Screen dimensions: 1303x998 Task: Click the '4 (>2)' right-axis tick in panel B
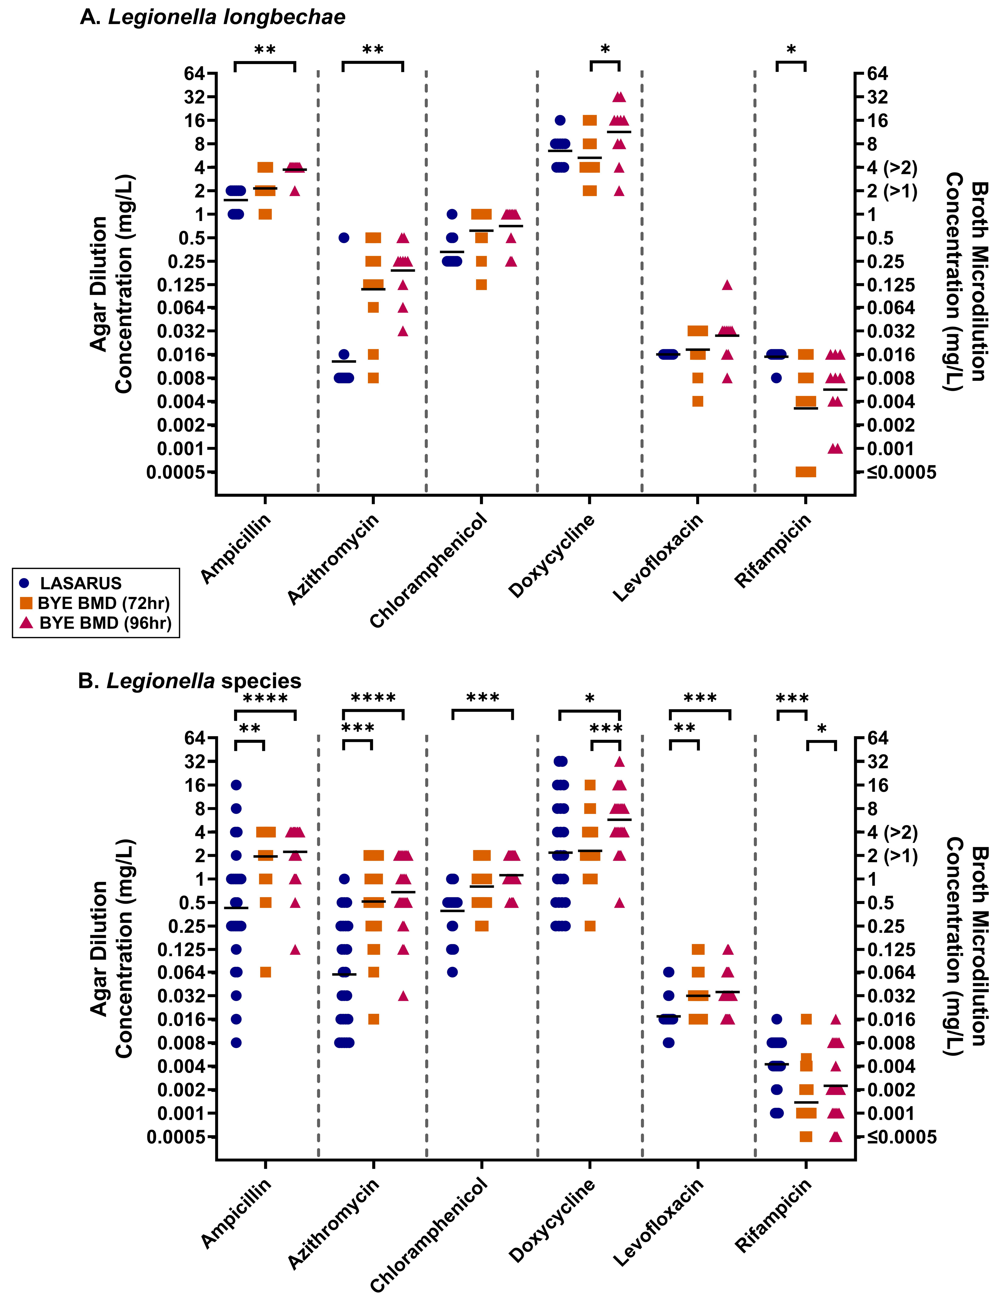892,832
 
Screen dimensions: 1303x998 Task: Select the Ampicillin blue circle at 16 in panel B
236,785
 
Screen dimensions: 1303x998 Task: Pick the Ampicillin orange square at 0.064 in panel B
266,972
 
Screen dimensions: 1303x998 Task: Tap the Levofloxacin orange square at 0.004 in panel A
698,401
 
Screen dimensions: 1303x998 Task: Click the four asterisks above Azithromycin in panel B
373,698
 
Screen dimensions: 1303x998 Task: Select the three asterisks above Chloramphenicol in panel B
482,698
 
